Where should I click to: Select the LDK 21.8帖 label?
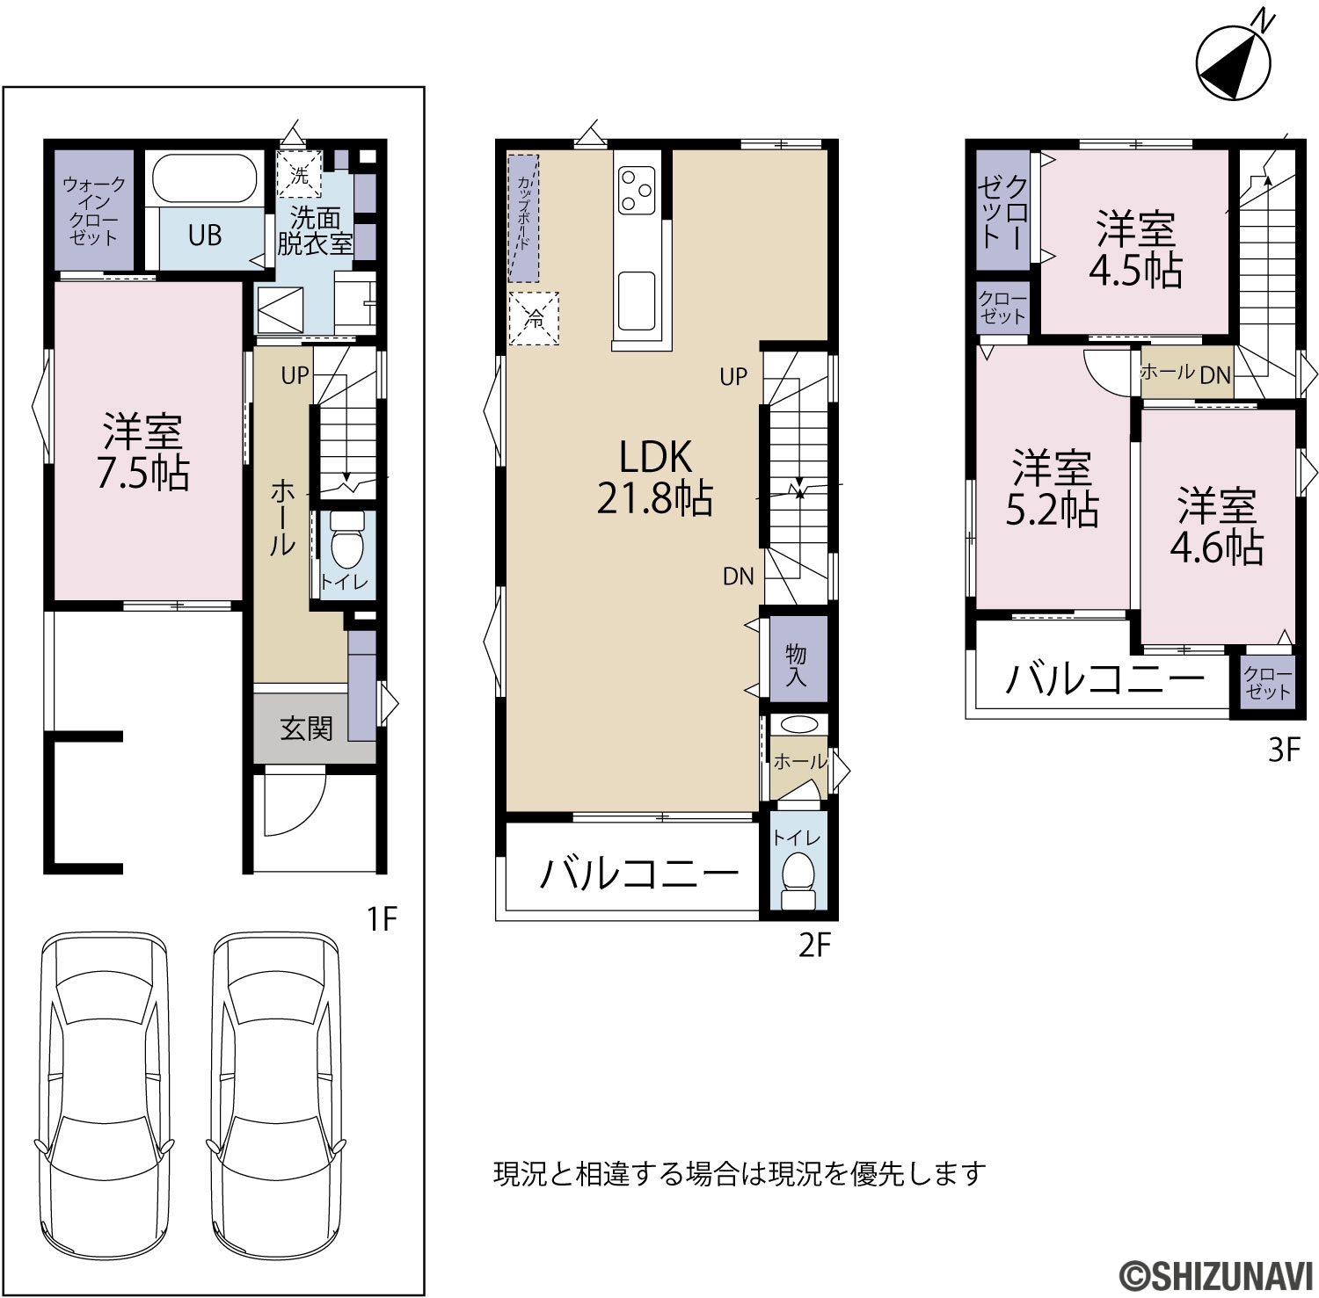click(x=655, y=477)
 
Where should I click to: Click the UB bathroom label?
click(x=205, y=236)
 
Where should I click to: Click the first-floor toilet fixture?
click(x=348, y=541)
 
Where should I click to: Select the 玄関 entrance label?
click(x=307, y=728)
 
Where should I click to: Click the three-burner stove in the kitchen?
click(x=638, y=189)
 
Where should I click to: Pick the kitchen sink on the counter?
click(x=637, y=298)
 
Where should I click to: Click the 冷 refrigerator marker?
click(x=534, y=319)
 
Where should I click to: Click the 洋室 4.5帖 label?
click(x=1135, y=250)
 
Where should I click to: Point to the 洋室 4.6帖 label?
click(x=1217, y=525)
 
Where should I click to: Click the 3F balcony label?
click(x=1104, y=678)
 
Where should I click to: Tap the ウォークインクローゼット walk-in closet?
click(x=94, y=211)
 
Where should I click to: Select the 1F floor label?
click(x=383, y=920)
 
